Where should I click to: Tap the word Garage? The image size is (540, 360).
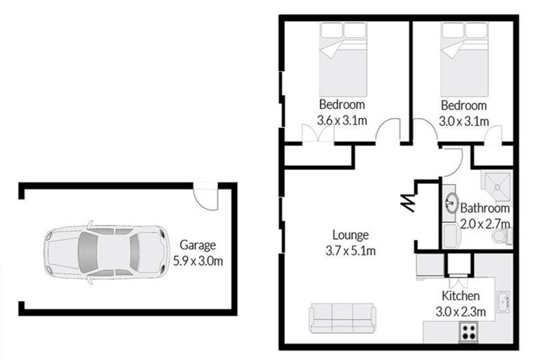click(x=198, y=246)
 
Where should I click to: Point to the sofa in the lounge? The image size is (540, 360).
click(x=342, y=318)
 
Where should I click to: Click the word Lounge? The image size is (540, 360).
click(x=350, y=236)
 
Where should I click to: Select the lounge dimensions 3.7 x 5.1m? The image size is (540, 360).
click(x=350, y=250)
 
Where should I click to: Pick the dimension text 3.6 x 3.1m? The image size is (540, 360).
click(x=342, y=120)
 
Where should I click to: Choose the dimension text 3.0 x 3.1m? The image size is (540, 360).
click(x=463, y=120)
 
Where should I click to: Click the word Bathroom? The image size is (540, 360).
click(x=484, y=209)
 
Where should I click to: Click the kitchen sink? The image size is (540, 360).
click(x=503, y=302)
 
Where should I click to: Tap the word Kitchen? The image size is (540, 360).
click(x=461, y=295)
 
